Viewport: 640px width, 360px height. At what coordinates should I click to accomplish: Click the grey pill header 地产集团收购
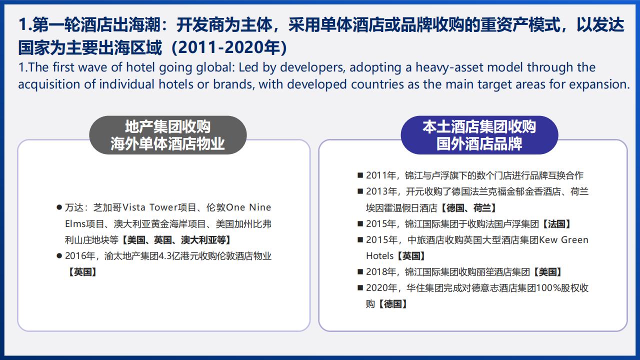coord(167,135)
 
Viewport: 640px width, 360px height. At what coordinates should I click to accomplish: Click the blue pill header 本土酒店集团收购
coord(479,135)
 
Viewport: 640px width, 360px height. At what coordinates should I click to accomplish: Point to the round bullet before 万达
coord(59,207)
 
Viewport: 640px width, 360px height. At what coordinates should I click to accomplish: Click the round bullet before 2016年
coord(59,255)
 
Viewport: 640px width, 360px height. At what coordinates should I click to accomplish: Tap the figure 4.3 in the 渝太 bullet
coord(165,256)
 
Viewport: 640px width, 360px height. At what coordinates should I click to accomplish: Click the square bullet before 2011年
coord(360,175)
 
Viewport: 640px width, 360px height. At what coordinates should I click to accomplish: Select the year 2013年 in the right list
coord(381,191)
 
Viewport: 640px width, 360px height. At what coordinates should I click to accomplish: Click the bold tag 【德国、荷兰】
coord(467,208)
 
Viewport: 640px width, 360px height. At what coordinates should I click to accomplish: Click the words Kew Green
coord(563,240)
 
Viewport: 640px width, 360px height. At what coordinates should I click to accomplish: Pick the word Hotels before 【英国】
coord(379,256)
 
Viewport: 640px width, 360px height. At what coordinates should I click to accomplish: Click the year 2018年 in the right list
coord(381,272)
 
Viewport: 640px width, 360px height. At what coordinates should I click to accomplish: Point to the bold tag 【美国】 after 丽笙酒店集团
coord(547,272)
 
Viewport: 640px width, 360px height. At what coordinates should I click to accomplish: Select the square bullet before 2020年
coord(360,288)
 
